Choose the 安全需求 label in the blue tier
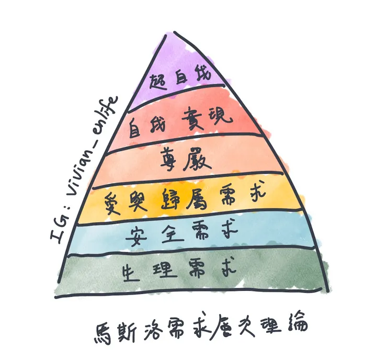click(x=181, y=233)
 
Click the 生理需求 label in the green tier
click(x=179, y=270)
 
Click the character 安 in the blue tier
click(x=136, y=237)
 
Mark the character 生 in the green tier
click(x=131, y=273)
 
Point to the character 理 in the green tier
click(x=165, y=270)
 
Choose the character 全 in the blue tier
click(x=173, y=233)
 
